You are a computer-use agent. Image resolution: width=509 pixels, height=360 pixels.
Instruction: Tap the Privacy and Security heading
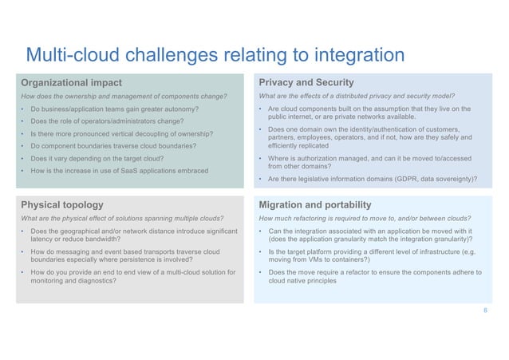click(x=306, y=82)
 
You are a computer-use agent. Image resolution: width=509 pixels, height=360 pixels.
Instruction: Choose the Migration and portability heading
click(x=315, y=204)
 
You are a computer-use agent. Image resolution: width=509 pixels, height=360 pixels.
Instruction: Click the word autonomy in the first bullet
click(x=180, y=108)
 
